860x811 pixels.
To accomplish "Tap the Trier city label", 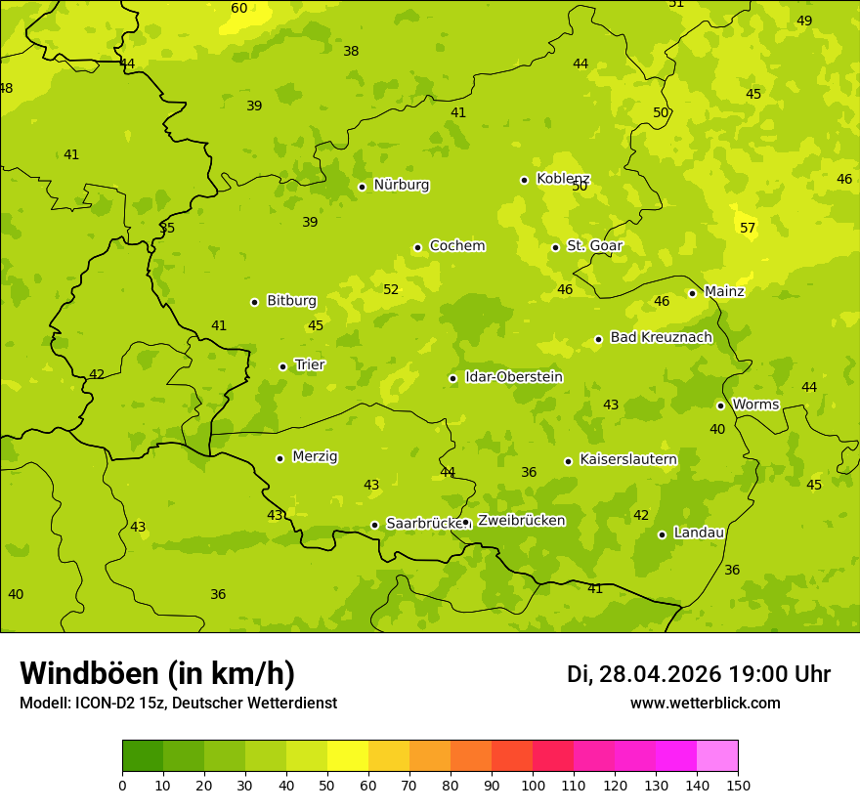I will [310, 364].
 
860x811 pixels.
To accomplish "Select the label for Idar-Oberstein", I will [514, 377].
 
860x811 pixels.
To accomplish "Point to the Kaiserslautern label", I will [628, 459].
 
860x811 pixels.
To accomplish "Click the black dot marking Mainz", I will [692, 293].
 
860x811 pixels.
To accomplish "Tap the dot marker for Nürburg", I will [362, 187].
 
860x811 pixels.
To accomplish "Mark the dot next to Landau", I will [662, 534].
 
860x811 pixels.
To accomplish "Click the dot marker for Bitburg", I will [254, 302].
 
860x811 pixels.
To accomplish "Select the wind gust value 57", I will [748, 228].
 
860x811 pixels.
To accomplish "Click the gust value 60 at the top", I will [239, 8].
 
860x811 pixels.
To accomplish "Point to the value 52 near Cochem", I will [391, 289].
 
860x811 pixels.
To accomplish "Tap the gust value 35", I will [167, 228].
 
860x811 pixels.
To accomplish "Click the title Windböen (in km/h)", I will [157, 673].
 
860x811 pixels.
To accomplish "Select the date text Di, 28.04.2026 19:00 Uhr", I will [699, 674].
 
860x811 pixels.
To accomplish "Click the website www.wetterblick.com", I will [705, 703].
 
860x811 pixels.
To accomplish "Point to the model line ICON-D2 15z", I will [178, 703].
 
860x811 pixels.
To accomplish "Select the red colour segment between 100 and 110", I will [553, 756].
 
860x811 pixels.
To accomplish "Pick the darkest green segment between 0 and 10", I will [143, 756].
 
